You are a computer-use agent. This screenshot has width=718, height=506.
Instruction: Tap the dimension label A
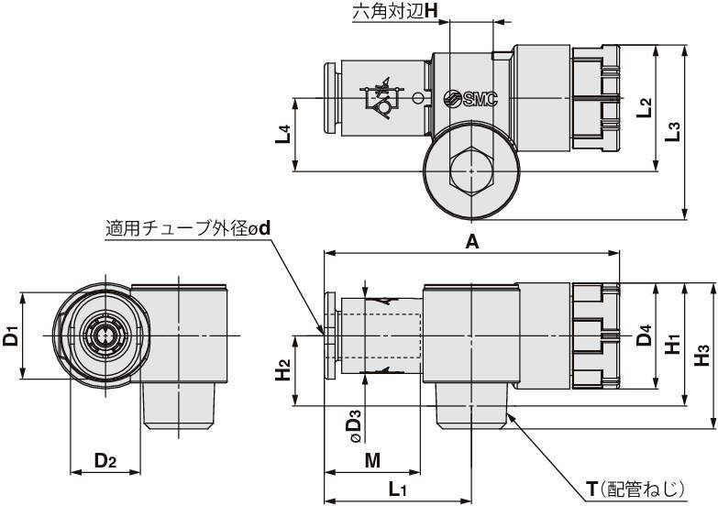[x=472, y=241]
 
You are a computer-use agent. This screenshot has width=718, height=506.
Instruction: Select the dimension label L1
[x=397, y=489]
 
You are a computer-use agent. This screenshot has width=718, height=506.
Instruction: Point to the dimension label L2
[x=645, y=107]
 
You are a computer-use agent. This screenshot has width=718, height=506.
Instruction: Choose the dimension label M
[x=372, y=460]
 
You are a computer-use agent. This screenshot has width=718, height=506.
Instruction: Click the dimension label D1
[x=10, y=335]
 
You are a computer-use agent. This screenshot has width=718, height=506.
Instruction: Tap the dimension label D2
[x=105, y=460]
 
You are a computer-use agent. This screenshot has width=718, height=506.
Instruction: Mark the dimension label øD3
[x=354, y=427]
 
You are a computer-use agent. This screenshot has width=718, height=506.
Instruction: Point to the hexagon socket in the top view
[x=469, y=170]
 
